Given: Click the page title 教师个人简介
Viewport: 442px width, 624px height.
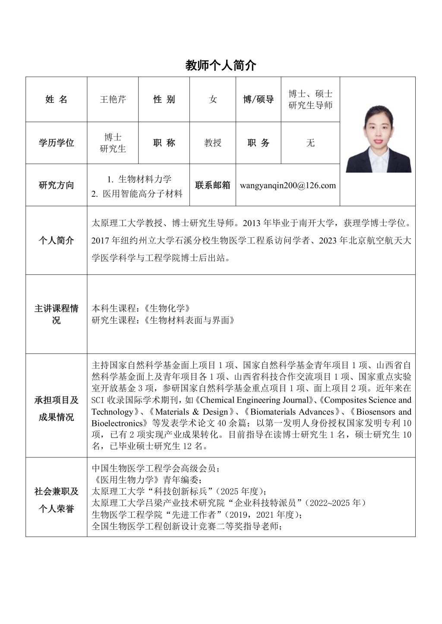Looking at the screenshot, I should pos(221,65).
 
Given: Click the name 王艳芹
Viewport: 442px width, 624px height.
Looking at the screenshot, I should pos(113,100).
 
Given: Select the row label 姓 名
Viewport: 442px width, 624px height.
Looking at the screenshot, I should pos(56,100).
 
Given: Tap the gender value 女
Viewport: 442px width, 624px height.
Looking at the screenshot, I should pos(213,100).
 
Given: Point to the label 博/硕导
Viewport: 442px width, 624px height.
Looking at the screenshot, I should pos(258,100).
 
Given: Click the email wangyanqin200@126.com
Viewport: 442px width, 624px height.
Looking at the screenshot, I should pos(288,186).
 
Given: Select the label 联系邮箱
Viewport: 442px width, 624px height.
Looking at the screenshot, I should pos(213,186).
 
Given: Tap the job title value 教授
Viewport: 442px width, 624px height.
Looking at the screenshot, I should pos(213,143).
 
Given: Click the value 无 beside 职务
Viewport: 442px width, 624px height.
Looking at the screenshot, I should pos(310,143).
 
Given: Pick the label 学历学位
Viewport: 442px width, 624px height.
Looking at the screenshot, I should pos(56,143).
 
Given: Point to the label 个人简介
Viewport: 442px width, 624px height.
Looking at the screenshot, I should pos(56,240).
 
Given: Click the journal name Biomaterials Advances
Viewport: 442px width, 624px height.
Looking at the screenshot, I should pos(292,412).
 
